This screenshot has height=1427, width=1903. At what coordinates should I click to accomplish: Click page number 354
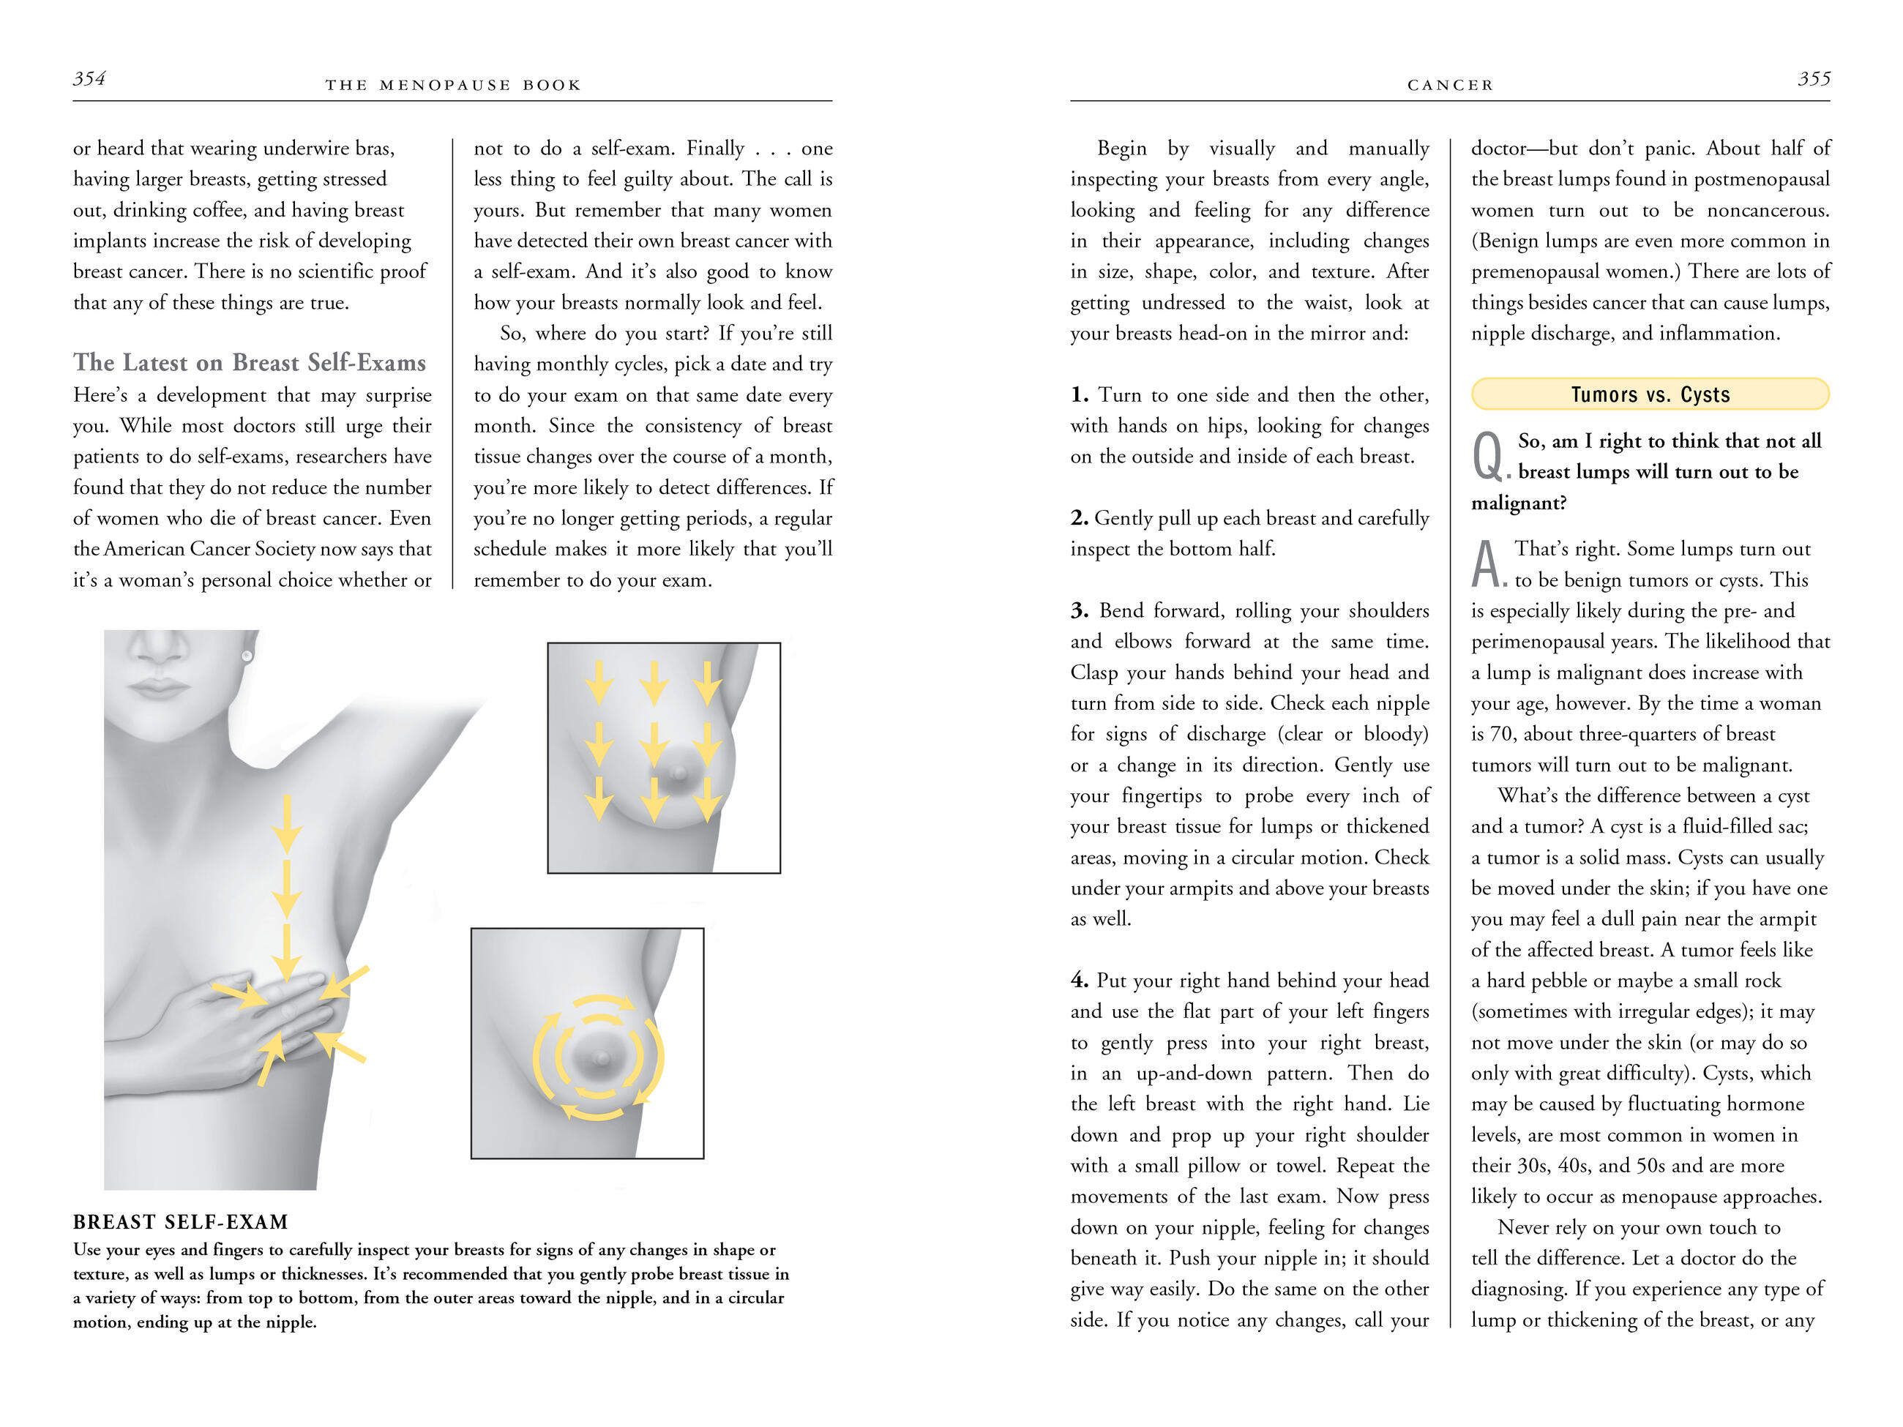[x=89, y=79]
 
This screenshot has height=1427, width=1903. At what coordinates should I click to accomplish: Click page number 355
[x=1814, y=79]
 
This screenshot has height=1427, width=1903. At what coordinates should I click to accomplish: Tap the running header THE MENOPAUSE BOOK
[x=453, y=85]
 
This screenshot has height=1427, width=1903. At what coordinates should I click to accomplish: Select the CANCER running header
[x=1451, y=85]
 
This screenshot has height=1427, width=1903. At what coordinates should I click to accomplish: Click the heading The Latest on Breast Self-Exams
[x=250, y=363]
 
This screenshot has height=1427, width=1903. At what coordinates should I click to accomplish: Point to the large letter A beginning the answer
[x=1487, y=564]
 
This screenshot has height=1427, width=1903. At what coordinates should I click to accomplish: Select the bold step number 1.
[x=1080, y=395]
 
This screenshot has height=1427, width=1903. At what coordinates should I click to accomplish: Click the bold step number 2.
[x=1080, y=518]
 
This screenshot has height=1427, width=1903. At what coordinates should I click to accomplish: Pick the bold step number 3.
[x=1080, y=611]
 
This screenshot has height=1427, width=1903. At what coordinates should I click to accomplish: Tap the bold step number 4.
[x=1080, y=981]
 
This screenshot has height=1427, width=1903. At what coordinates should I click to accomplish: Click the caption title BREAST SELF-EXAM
[x=181, y=1222]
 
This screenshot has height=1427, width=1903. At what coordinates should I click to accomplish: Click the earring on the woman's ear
[x=248, y=656]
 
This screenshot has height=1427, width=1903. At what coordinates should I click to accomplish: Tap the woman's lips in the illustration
[x=157, y=687]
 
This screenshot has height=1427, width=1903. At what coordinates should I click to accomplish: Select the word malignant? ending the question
[x=1519, y=503]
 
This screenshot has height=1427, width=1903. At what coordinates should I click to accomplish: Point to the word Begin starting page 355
[x=1122, y=149]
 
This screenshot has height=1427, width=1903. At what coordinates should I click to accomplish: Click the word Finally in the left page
[x=715, y=149]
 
